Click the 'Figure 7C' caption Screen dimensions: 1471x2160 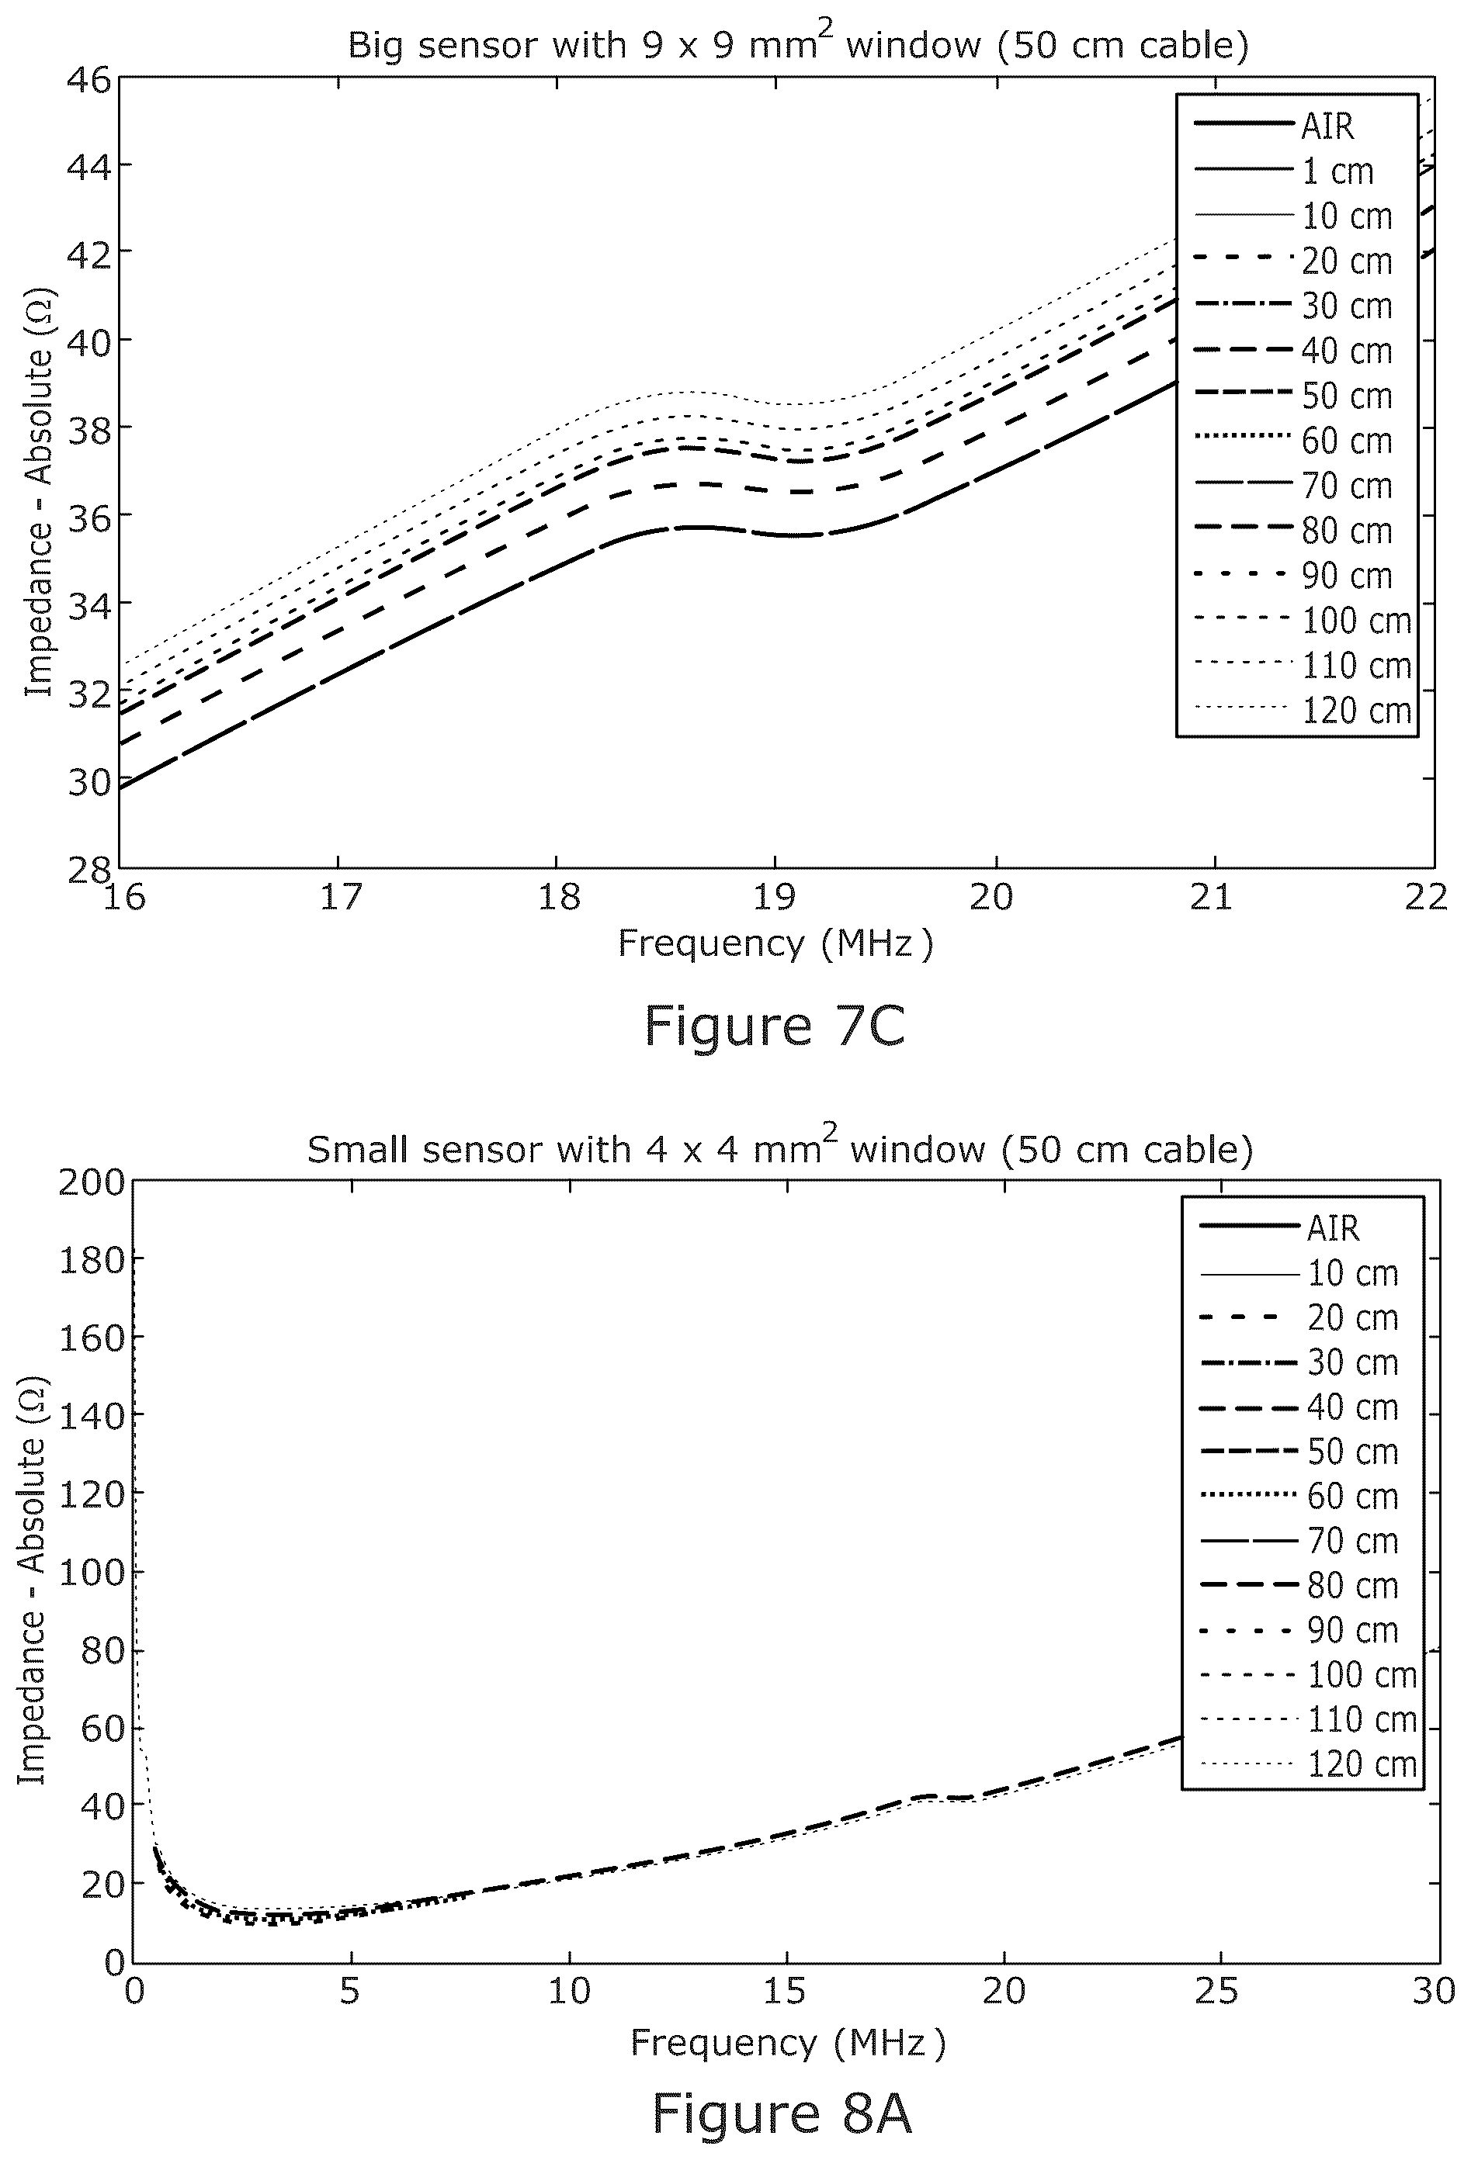click(x=775, y=1026)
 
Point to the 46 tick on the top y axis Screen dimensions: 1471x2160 click(x=88, y=80)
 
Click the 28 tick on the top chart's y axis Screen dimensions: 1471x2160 click(x=88, y=869)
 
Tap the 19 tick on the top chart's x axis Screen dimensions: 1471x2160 click(x=775, y=897)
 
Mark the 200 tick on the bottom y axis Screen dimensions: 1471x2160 click(x=91, y=1182)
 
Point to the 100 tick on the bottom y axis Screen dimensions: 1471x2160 click(x=91, y=1573)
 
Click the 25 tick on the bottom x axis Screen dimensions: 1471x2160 click(x=1217, y=1991)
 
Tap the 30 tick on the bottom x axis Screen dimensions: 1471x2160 click(x=1434, y=1991)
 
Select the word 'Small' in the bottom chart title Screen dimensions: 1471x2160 click(x=358, y=1150)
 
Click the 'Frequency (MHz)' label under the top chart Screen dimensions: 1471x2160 click(x=775, y=943)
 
